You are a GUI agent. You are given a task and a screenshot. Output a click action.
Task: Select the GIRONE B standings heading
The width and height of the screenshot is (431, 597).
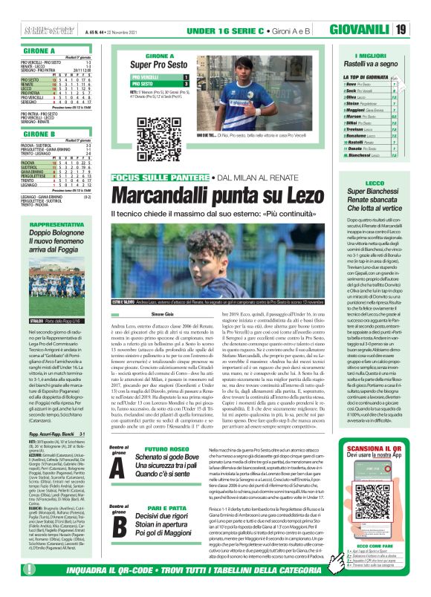(25, 134)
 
